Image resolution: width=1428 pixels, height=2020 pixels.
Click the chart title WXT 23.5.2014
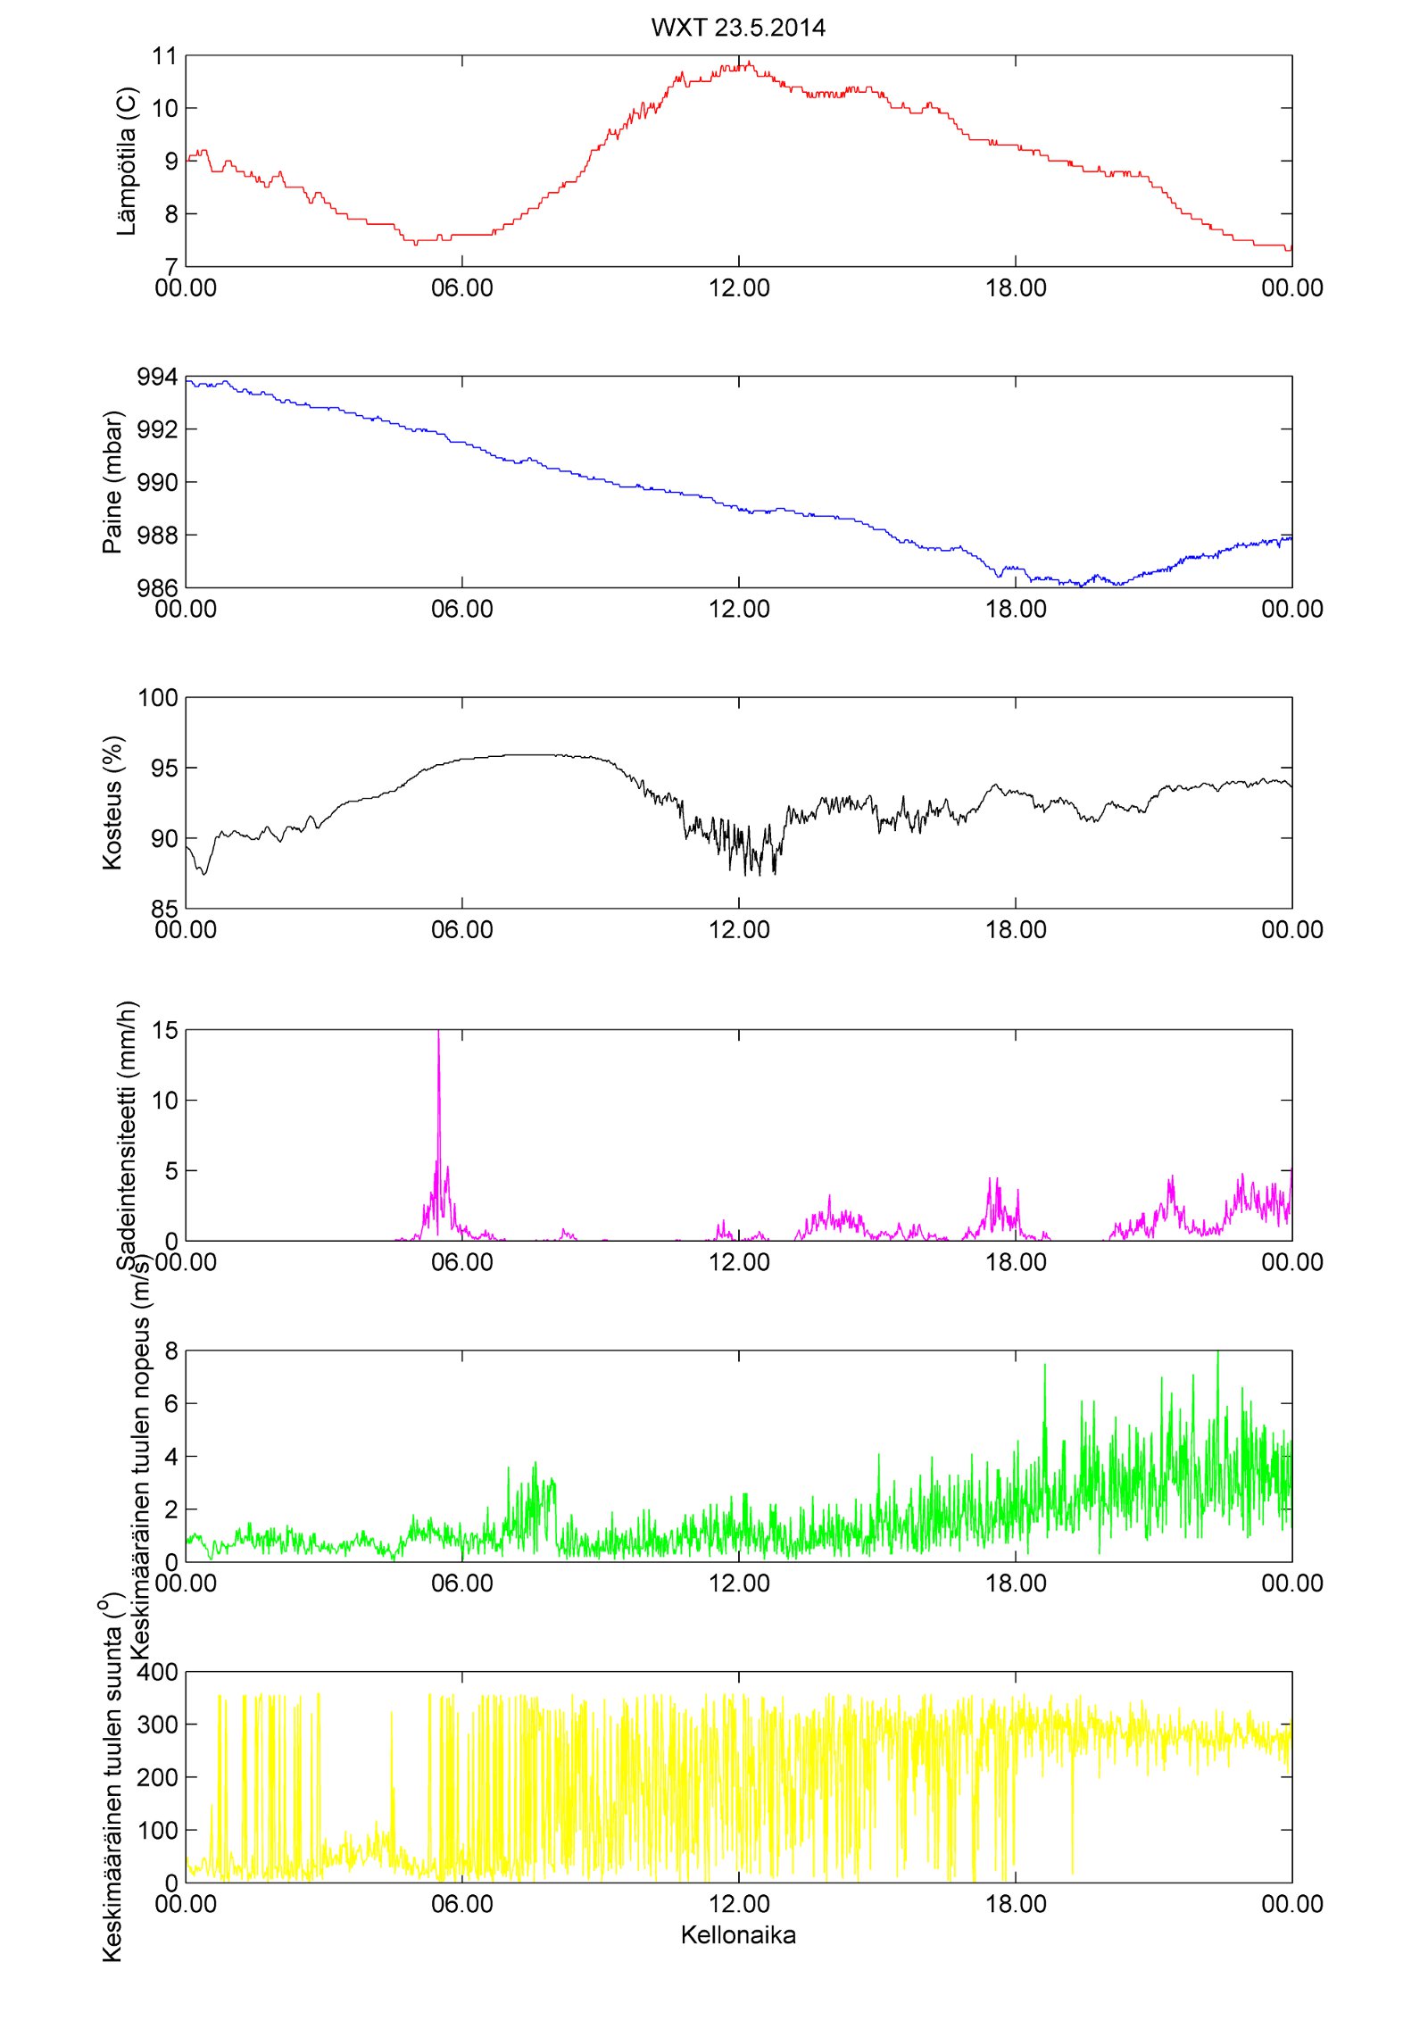[738, 28]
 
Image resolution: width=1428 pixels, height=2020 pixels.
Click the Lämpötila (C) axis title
[127, 162]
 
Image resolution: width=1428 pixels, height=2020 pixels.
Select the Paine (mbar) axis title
[112, 482]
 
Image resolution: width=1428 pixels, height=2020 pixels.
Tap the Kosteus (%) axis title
[112, 802]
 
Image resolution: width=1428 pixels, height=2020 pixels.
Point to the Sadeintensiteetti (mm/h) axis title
[127, 1135]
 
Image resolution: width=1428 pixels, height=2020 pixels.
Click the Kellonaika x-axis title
[738, 1934]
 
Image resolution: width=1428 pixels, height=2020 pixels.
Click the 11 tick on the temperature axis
[165, 56]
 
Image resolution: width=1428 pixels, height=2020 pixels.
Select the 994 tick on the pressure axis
[157, 378]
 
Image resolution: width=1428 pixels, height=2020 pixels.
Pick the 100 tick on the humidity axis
[157, 698]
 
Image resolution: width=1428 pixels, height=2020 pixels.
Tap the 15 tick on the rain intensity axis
[165, 1030]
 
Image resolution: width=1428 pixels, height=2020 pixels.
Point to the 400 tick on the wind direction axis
[157, 1672]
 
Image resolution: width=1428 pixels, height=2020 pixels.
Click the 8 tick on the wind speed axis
[171, 1351]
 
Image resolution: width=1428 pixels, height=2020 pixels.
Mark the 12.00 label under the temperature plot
[739, 288]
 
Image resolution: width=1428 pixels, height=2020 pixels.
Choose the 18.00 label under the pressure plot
[1016, 609]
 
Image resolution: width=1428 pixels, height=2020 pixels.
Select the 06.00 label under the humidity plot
[462, 930]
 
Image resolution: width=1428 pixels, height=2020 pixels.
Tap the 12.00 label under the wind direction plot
[739, 1904]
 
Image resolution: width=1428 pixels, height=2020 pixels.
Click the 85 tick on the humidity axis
[165, 909]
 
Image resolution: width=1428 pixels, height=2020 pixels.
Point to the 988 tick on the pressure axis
[157, 536]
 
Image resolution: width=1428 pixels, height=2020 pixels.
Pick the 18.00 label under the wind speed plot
[1016, 1584]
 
